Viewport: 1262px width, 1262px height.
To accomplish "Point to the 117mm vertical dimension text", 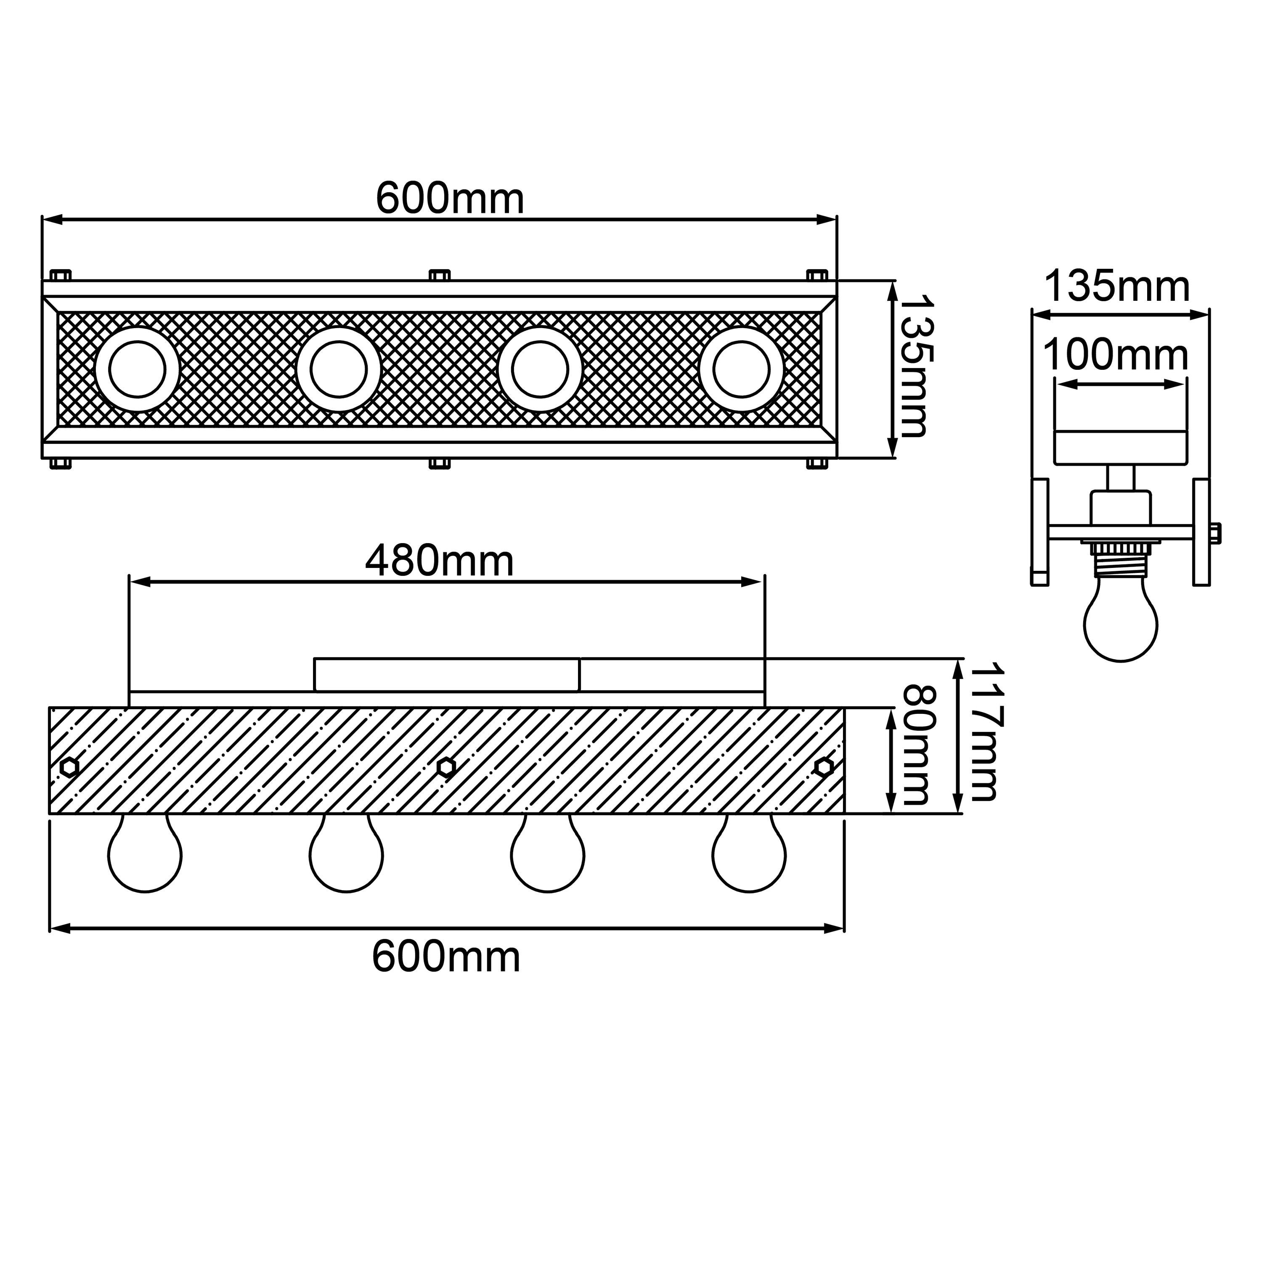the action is click(985, 732).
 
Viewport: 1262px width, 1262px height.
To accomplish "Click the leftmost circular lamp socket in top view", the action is click(137, 369).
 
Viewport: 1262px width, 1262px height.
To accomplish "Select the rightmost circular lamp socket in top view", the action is click(741, 369).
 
